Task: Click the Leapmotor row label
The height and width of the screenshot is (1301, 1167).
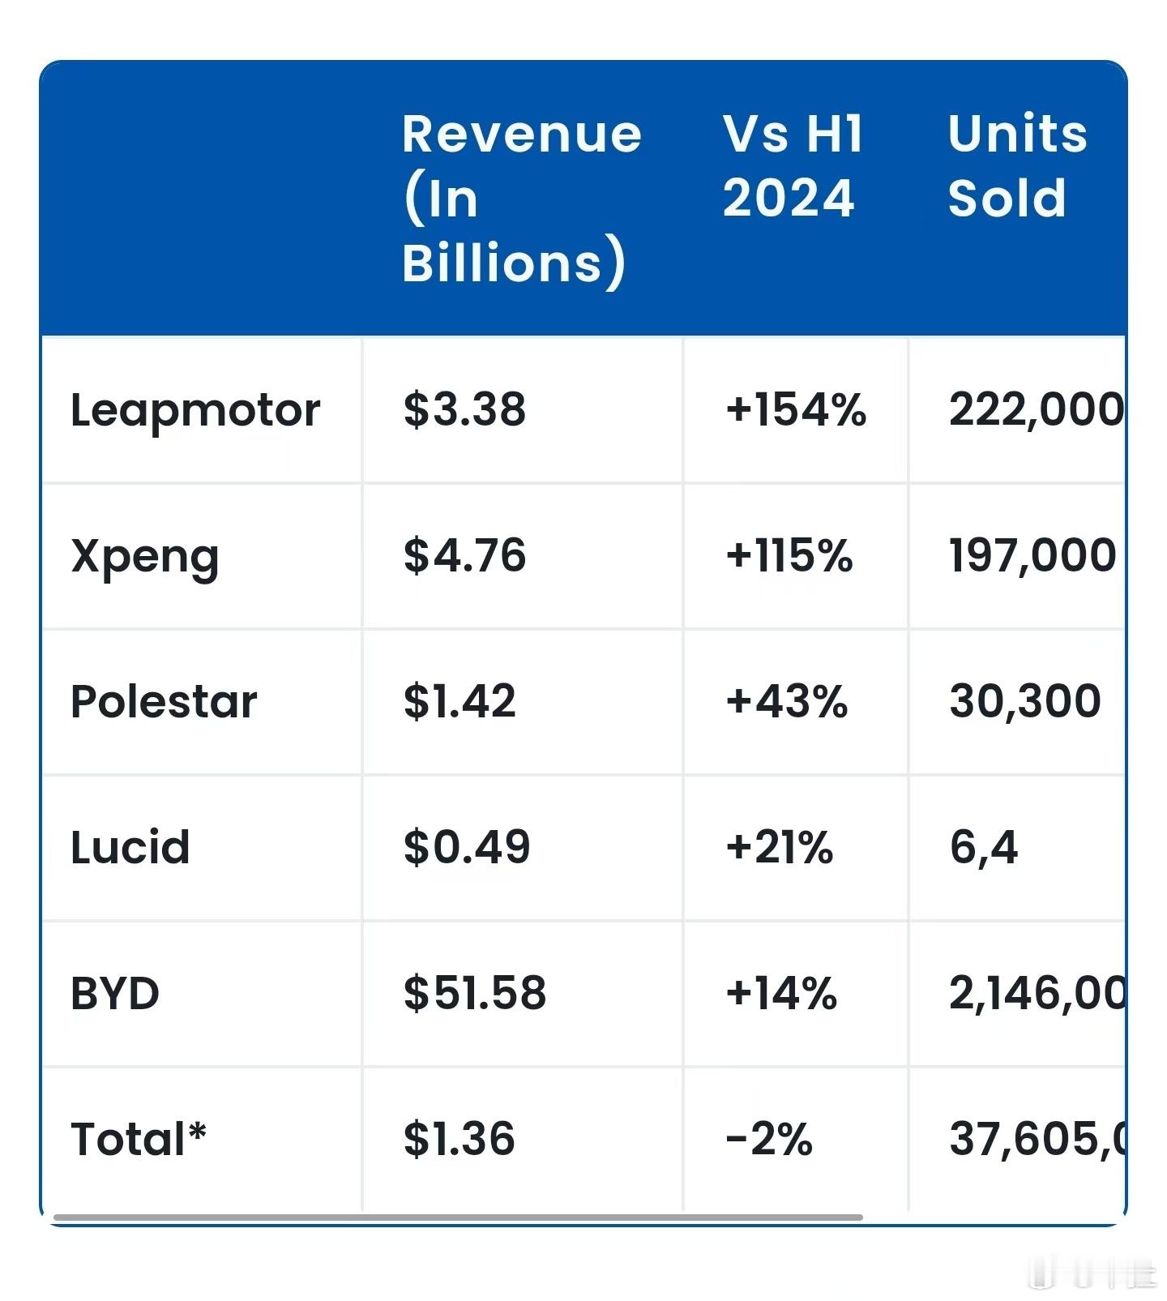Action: click(195, 410)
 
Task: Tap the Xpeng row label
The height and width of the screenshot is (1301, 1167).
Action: click(145, 556)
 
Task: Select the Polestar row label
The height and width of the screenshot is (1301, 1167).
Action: click(164, 701)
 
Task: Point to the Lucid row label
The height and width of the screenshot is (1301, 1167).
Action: click(130, 848)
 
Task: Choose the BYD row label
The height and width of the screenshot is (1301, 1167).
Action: click(115, 994)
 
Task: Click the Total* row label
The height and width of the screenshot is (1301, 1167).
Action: click(139, 1139)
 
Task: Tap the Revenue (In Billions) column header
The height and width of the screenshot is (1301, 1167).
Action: click(521, 199)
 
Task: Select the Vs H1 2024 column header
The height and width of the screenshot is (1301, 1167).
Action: click(793, 166)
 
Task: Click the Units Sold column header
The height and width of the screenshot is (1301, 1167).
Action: click(1017, 166)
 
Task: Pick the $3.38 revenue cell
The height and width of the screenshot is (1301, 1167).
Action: click(464, 409)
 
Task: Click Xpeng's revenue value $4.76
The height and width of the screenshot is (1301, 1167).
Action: click(464, 555)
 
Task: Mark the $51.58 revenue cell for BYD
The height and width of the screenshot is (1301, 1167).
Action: click(475, 993)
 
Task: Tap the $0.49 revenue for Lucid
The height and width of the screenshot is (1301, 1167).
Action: click(467, 847)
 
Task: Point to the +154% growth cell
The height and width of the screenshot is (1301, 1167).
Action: click(796, 409)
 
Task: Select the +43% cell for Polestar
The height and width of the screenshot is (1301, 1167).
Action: click(787, 701)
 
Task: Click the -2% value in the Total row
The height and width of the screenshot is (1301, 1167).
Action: click(769, 1139)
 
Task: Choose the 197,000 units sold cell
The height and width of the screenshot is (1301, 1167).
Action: click(1032, 555)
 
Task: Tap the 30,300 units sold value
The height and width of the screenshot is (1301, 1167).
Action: click(1025, 701)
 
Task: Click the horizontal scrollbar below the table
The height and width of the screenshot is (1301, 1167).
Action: click(458, 1218)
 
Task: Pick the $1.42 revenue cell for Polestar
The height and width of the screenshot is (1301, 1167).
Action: click(460, 701)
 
